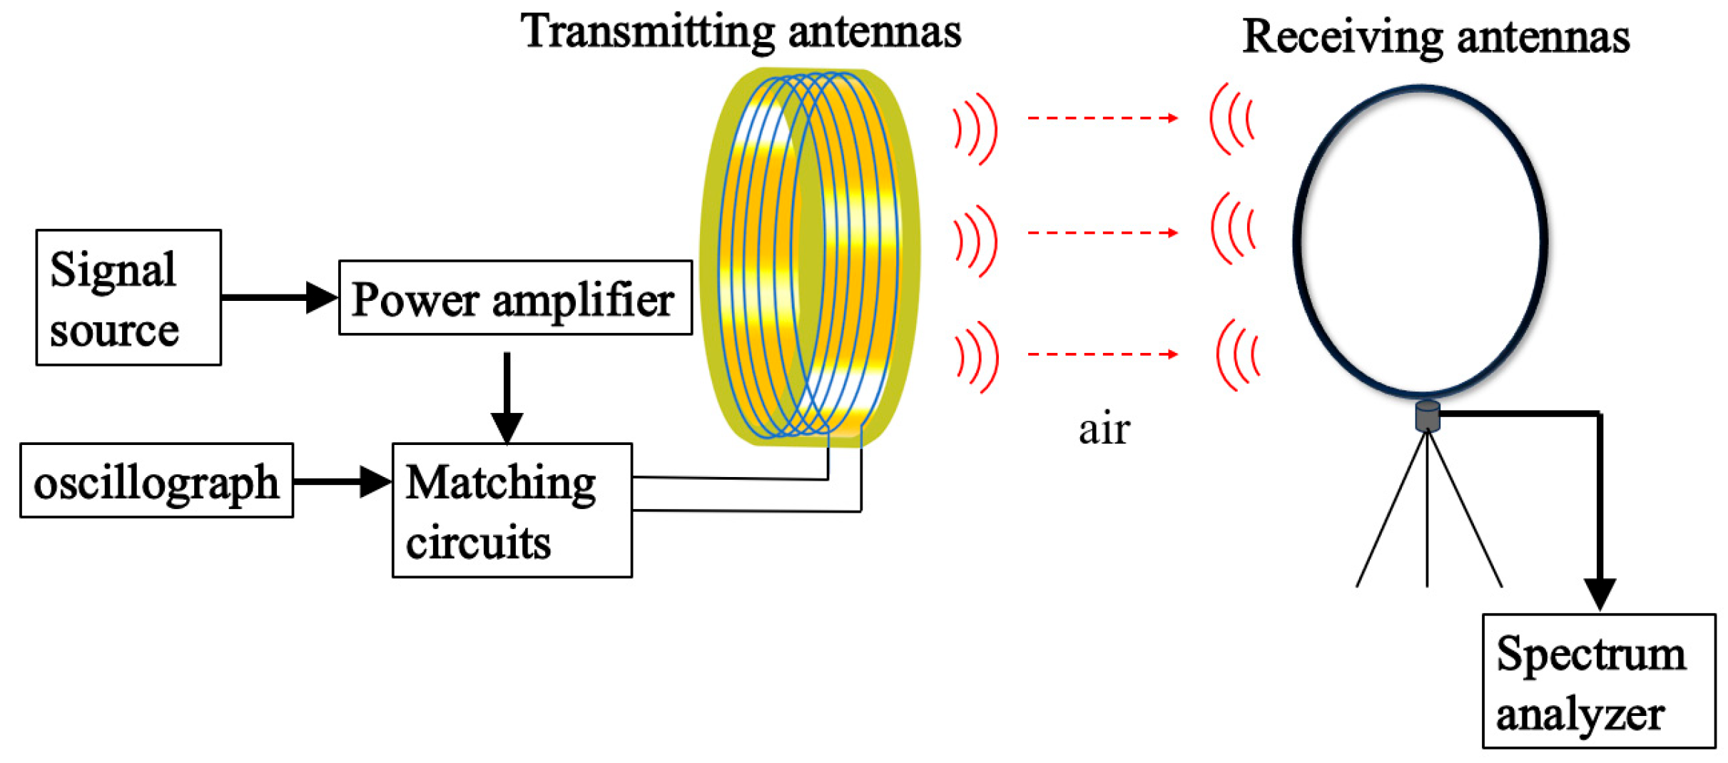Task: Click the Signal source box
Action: click(128, 297)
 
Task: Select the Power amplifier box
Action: click(515, 297)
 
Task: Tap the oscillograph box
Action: click(156, 481)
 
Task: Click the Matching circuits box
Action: click(512, 511)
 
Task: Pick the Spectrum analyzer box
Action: click(1598, 681)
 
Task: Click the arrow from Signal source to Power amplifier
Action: click(278, 297)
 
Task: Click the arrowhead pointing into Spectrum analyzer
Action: click(1600, 593)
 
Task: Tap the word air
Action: click(1104, 429)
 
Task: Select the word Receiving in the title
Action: click(1342, 37)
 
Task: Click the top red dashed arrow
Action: click(1102, 118)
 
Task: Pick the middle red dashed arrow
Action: click(1102, 232)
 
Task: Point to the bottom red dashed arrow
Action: click(1102, 354)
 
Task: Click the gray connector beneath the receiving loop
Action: click(1427, 416)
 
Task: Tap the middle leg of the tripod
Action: click(1427, 513)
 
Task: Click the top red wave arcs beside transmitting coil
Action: click(976, 129)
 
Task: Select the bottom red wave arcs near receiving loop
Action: click(1238, 354)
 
